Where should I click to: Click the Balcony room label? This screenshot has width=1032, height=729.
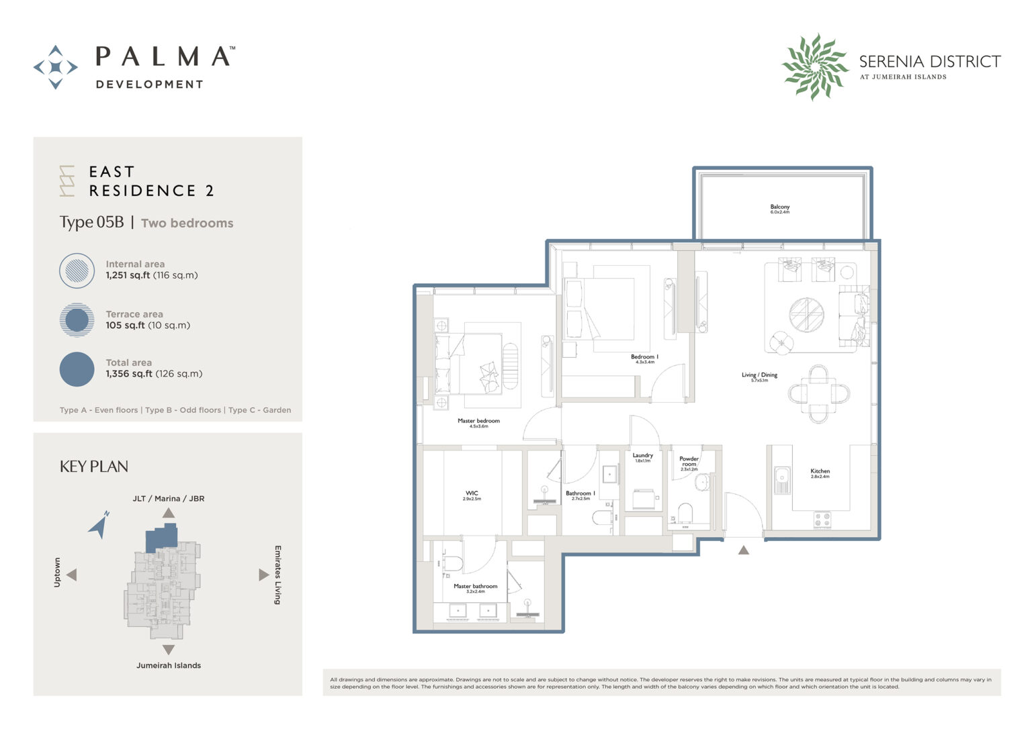[x=779, y=209]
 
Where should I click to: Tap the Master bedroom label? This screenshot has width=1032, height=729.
[x=478, y=422]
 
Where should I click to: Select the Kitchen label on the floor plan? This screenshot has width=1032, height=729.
[x=820, y=473]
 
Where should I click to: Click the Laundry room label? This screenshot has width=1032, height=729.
[x=642, y=456]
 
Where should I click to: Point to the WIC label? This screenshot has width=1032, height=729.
[x=472, y=495]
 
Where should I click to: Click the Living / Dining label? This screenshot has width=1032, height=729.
[x=759, y=376]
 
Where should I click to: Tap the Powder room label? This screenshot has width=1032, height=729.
[x=689, y=463]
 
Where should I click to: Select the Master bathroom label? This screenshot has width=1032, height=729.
[x=475, y=587]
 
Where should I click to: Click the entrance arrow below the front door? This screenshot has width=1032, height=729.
[x=743, y=550]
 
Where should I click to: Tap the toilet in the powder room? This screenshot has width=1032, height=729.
[x=685, y=513]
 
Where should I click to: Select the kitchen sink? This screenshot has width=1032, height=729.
[x=782, y=479]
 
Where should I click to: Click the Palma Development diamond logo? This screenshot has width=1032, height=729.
[x=56, y=67]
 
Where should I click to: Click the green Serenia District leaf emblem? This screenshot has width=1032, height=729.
[x=814, y=66]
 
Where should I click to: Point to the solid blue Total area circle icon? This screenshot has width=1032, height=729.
[x=77, y=369]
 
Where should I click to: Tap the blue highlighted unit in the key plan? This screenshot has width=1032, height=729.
[x=162, y=538]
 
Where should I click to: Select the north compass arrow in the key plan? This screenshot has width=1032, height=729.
[x=99, y=525]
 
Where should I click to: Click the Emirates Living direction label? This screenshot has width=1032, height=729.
[x=277, y=575]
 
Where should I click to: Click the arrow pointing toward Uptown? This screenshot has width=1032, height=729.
[x=71, y=575]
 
